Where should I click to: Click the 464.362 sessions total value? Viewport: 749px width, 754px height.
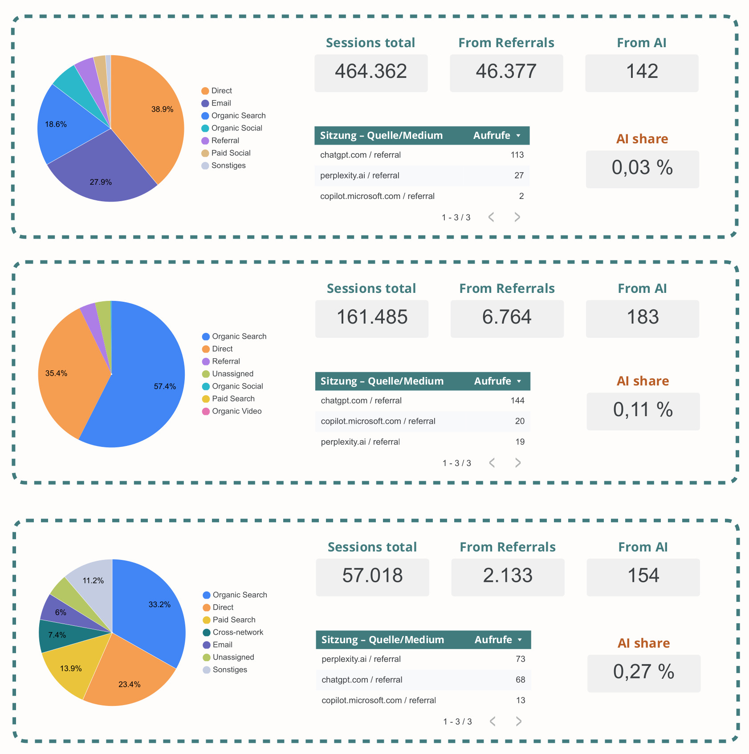tap(371, 72)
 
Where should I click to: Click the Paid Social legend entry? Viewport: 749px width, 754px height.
tap(231, 153)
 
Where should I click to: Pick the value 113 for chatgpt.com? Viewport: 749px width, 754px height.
tap(517, 155)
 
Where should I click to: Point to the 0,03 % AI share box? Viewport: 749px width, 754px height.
tap(642, 168)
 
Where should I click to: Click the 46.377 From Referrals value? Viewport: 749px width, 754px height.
tap(506, 72)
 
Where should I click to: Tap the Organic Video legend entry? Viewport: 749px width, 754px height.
tap(236, 411)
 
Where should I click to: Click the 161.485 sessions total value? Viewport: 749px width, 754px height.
tap(372, 317)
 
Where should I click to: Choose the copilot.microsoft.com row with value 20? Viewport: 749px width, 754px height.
tap(378, 421)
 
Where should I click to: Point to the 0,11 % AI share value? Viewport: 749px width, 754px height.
tap(643, 410)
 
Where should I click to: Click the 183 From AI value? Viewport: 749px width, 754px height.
tap(643, 317)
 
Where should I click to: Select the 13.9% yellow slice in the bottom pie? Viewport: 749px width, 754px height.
tap(71, 668)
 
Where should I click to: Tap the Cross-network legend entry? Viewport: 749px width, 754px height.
tap(238, 632)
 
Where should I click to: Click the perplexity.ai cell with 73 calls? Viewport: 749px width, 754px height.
tap(361, 659)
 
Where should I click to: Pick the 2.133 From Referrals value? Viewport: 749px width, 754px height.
tap(508, 576)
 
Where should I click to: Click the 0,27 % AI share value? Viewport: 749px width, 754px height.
tap(643, 672)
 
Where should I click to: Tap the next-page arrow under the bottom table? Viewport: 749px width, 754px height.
tap(518, 722)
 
